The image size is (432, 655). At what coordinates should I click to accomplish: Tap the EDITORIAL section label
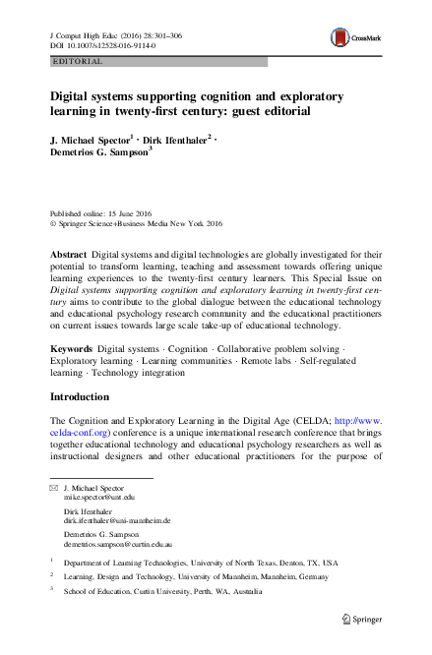click(x=74, y=61)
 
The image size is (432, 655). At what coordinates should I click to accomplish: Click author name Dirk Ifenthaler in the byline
click(x=164, y=141)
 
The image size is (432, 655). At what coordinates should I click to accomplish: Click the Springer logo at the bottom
click(x=364, y=620)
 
